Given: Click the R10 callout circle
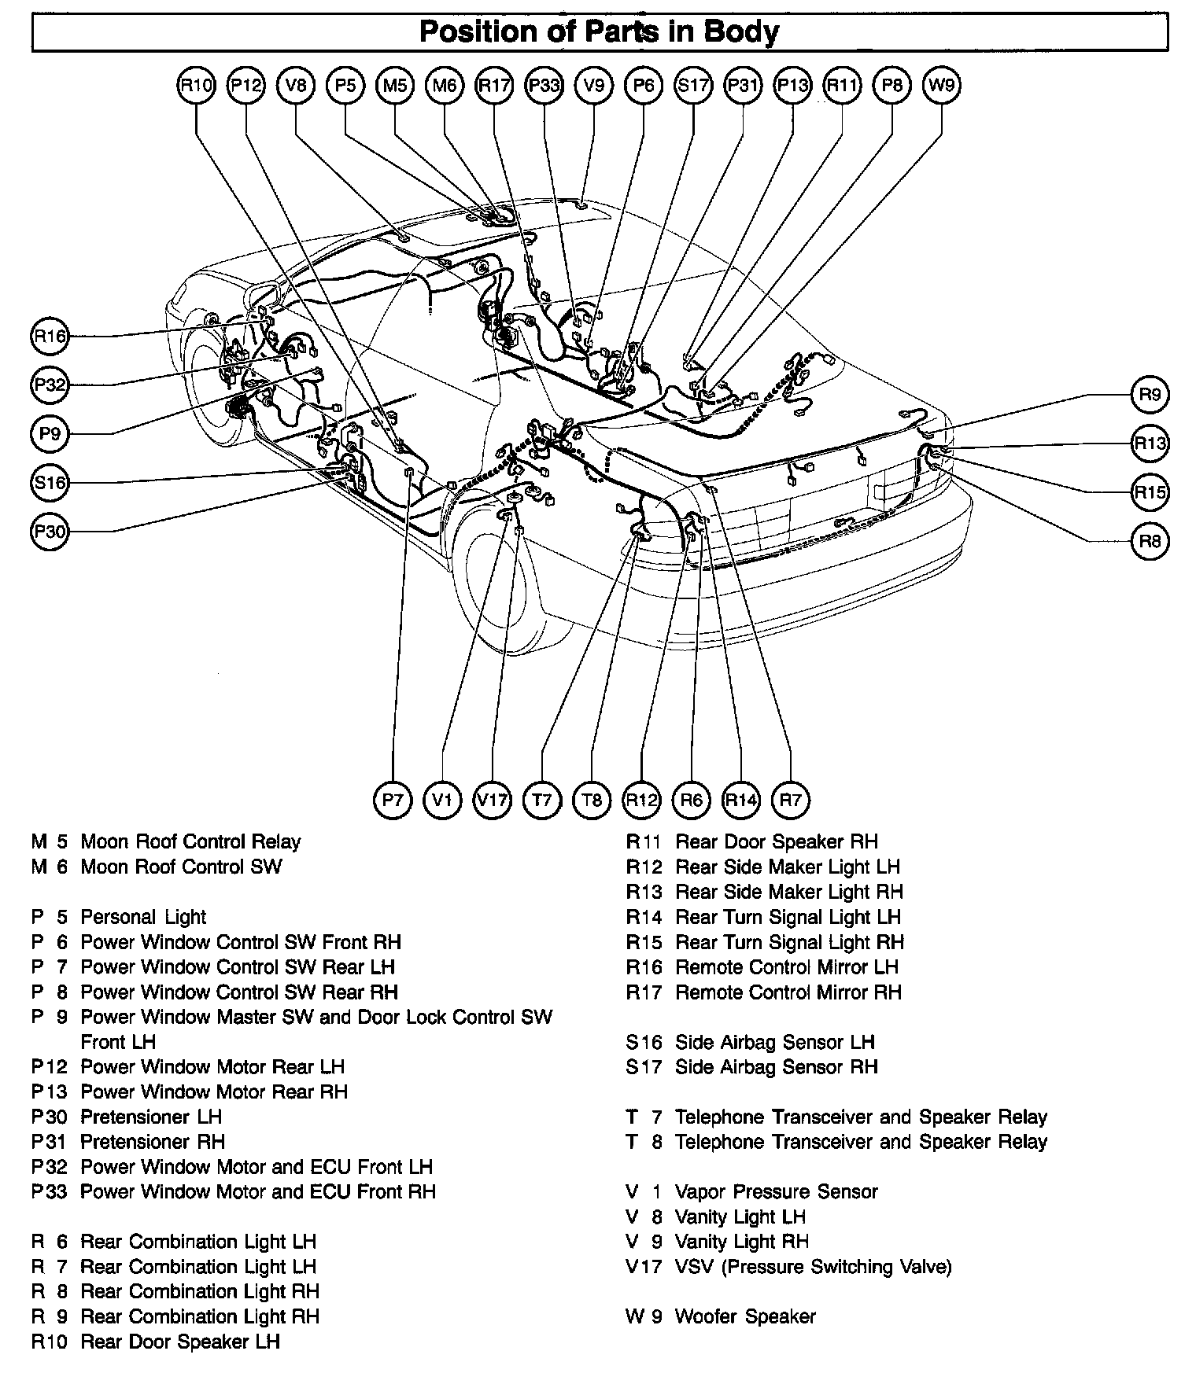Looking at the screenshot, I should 196,85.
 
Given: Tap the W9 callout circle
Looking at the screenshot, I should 942,85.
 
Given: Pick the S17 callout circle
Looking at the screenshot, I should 693,85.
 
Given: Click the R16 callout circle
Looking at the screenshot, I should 50,337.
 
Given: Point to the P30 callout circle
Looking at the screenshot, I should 50,532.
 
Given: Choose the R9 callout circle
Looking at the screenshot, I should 1150,394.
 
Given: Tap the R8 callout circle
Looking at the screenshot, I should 1150,541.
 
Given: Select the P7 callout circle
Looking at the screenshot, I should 392,801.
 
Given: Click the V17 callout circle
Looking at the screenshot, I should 492,801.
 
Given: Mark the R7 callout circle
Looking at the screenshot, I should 790,801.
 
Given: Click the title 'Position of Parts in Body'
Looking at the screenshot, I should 600,32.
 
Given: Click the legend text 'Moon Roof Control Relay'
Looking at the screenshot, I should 190,842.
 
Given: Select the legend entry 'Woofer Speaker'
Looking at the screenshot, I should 745,1316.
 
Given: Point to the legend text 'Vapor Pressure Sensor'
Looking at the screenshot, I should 776,1191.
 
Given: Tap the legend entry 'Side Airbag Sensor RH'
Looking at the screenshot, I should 776,1067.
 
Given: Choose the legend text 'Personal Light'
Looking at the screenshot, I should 143,917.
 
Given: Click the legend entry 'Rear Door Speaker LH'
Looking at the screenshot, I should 180,1342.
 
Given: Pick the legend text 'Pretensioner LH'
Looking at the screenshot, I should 151,1117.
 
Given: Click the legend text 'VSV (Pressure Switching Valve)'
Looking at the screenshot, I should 813,1267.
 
